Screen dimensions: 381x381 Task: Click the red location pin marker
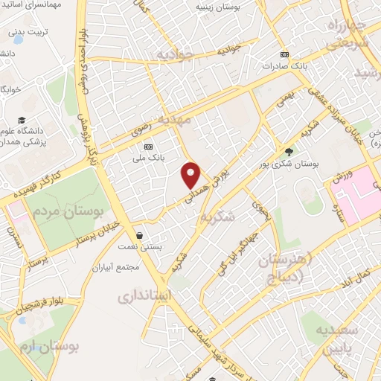tap(191, 175)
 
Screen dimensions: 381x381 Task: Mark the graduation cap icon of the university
tap(22, 120)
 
